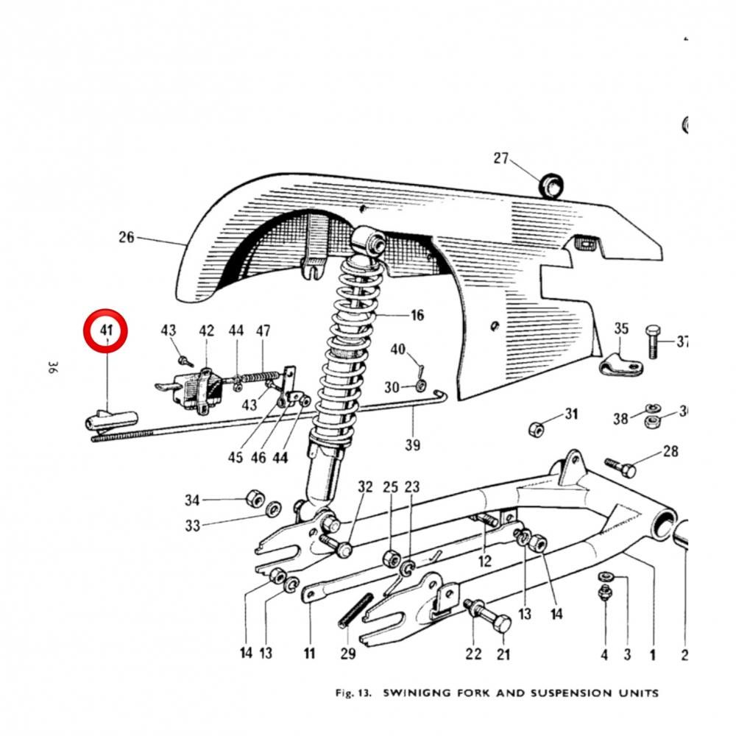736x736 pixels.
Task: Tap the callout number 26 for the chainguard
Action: point(127,237)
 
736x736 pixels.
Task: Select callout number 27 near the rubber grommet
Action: point(500,158)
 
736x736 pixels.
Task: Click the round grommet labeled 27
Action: point(551,185)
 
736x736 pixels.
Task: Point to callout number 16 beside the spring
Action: point(417,315)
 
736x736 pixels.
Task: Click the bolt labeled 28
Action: point(620,467)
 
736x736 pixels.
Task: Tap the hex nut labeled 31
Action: point(536,428)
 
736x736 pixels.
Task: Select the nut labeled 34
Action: point(255,498)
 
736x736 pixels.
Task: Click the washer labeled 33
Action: point(273,509)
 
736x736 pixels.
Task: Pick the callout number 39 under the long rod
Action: point(413,445)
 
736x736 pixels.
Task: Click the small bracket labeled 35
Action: point(621,365)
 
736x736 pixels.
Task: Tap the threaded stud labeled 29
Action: point(355,610)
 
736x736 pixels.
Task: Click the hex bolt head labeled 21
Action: point(503,623)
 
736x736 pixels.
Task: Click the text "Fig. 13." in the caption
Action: point(353,693)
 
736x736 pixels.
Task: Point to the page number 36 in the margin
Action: point(52,367)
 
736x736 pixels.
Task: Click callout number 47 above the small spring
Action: point(263,331)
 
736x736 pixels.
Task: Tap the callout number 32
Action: point(365,486)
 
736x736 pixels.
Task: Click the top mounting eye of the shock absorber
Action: point(368,241)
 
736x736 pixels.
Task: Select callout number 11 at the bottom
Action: point(309,653)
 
